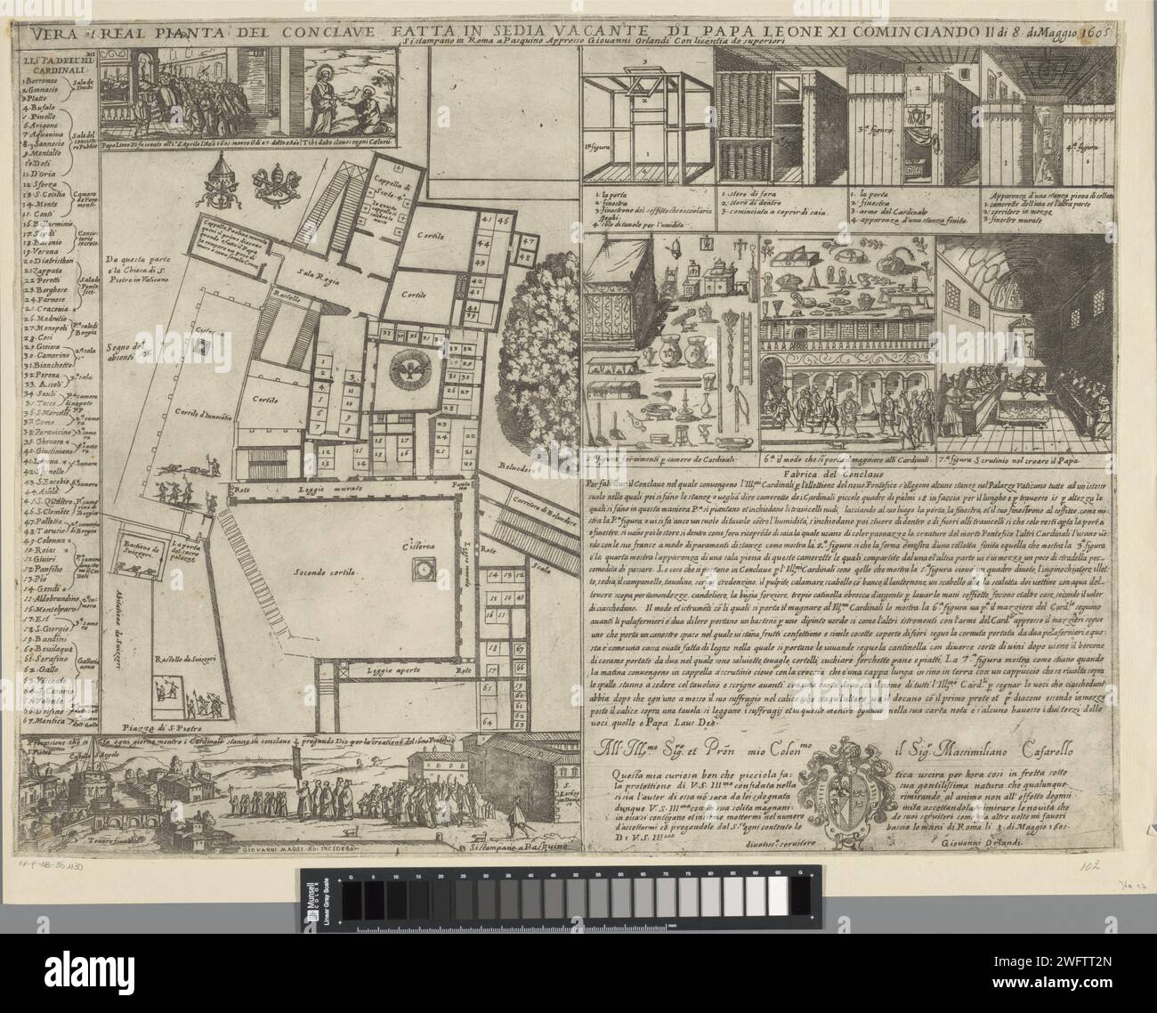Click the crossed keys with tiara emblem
(x=278, y=186)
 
